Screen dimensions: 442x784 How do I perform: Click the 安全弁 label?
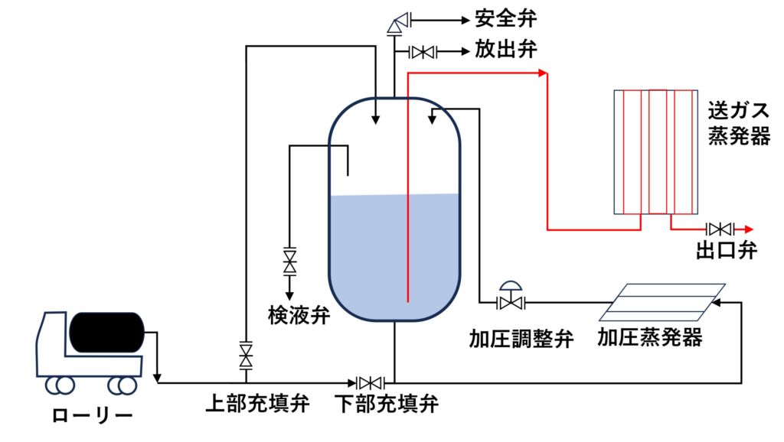(506, 17)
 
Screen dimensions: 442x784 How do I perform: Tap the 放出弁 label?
(506, 51)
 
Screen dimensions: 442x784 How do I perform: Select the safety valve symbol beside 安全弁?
(397, 22)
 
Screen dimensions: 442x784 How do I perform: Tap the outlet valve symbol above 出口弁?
(720, 228)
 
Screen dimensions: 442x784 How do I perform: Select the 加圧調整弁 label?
(521, 338)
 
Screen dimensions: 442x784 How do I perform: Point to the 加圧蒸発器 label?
(650, 337)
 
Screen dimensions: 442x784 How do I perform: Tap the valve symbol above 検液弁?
(290, 260)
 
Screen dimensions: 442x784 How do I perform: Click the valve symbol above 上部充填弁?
(246, 353)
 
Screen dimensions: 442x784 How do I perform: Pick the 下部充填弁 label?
(388, 403)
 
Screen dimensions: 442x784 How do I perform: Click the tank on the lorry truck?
(106, 332)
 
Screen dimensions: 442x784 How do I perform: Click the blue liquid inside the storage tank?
(394, 252)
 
